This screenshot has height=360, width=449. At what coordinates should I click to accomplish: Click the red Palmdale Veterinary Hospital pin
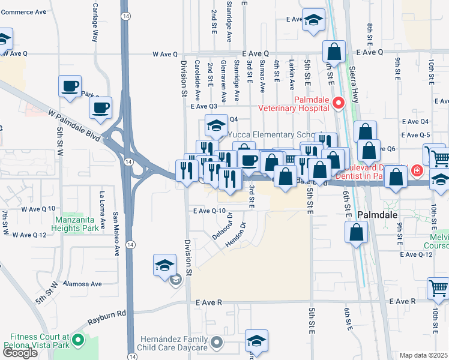338,103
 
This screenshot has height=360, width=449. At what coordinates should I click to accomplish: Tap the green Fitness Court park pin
77,341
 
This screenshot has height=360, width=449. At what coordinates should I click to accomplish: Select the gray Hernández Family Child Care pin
217,344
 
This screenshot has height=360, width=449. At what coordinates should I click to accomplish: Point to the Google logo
20,353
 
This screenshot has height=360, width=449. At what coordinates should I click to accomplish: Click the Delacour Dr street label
221,227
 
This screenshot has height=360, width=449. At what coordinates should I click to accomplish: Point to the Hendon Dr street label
236,236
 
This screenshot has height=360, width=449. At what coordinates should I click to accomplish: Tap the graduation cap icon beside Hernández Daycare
256,342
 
